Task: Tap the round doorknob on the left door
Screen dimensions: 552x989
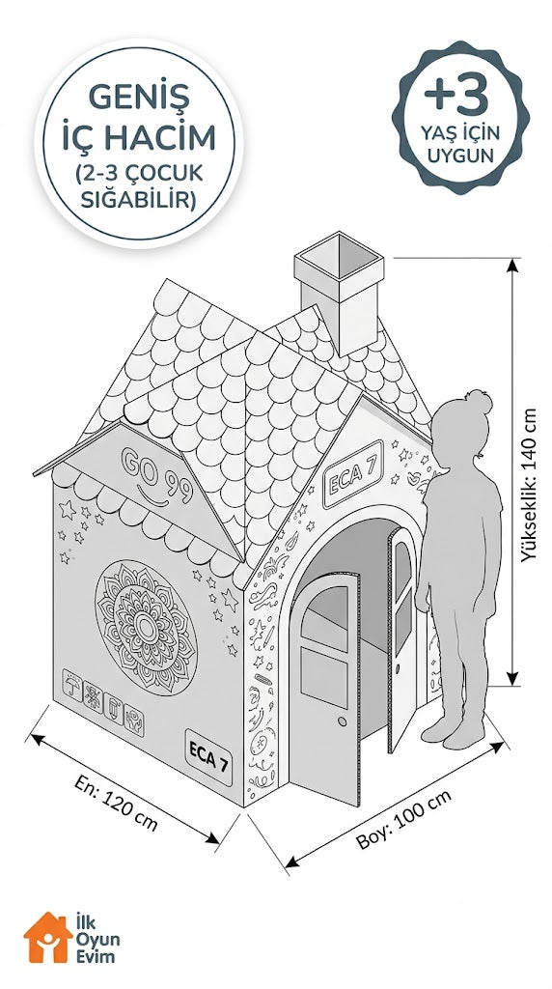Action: pos(342,721)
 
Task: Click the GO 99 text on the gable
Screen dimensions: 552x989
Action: pos(157,471)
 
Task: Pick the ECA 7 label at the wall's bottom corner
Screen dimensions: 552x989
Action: pos(207,757)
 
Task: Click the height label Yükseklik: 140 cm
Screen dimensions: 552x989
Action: pos(528,485)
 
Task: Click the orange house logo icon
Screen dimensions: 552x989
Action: pos(48,937)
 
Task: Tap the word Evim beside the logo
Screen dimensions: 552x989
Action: pos(96,956)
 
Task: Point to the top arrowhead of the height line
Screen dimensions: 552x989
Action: pos(512,265)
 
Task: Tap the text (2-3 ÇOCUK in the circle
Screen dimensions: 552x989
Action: pos(139,172)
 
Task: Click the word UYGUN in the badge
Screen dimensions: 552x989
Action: pos(460,155)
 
